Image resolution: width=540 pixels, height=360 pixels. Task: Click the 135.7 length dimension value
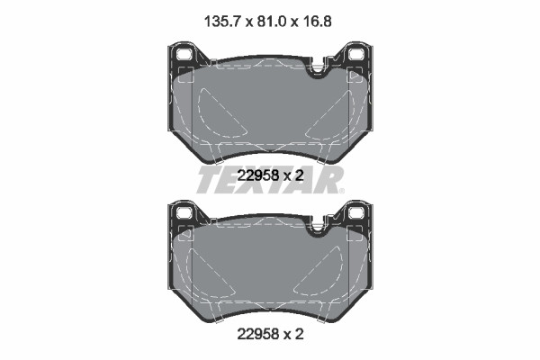(x=222, y=22)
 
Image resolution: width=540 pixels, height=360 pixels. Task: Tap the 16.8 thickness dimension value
(x=317, y=22)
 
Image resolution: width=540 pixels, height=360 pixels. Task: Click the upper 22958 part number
(x=258, y=176)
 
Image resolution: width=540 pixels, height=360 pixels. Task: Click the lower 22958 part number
(x=258, y=334)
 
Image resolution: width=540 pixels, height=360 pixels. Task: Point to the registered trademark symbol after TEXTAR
(x=341, y=191)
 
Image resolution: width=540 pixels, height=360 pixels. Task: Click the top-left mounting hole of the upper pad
(x=184, y=54)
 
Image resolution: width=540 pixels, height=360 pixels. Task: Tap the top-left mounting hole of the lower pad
(x=184, y=212)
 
